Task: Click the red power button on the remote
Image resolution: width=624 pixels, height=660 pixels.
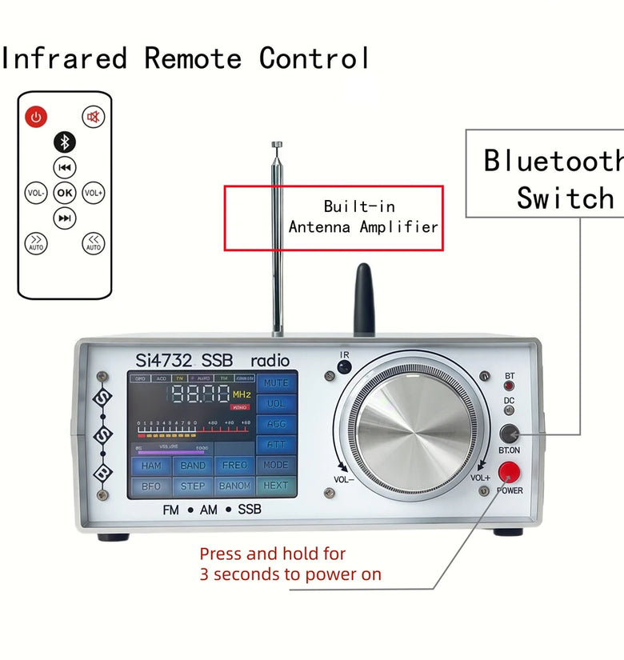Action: click(35, 118)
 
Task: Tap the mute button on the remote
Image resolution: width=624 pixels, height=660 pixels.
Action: click(94, 118)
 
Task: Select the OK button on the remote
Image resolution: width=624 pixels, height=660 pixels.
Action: click(65, 193)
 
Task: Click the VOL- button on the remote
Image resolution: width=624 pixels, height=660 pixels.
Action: click(36, 193)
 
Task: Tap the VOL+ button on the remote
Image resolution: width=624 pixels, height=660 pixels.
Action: click(94, 193)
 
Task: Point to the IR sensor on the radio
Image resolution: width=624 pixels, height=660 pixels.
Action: click(344, 367)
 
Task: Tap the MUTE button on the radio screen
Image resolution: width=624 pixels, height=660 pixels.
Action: click(276, 382)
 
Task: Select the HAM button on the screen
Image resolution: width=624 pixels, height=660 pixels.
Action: click(151, 466)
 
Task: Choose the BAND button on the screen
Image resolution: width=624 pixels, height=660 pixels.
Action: click(193, 466)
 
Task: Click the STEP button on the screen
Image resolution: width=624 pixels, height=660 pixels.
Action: click(193, 486)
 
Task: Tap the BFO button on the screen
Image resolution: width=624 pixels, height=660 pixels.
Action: click(151, 486)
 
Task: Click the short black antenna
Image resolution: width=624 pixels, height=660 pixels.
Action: click(364, 300)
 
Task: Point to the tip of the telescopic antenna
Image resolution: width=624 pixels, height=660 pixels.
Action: click(277, 145)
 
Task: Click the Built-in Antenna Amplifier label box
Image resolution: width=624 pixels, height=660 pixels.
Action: click(333, 218)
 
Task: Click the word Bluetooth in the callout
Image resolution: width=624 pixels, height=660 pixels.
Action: click(552, 161)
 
